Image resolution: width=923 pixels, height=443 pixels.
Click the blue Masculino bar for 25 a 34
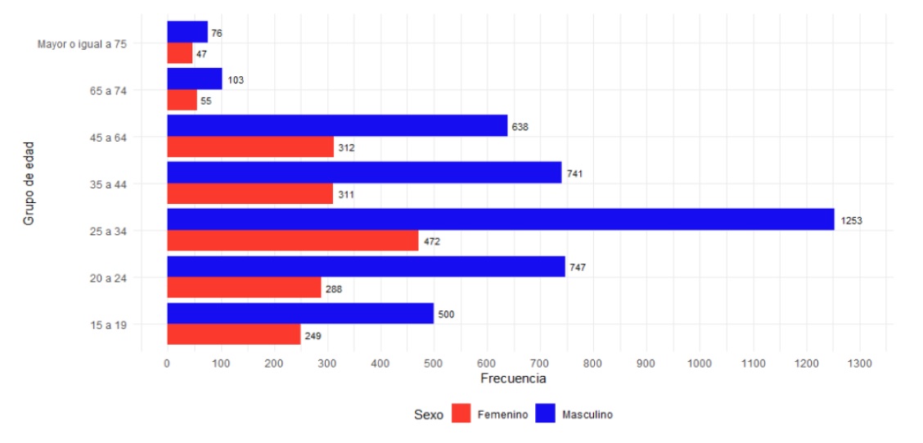(500, 219)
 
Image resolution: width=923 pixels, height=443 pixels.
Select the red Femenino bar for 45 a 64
(250, 147)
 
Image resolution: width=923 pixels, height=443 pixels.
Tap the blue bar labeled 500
(300, 314)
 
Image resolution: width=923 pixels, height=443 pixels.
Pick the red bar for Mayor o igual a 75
(180, 53)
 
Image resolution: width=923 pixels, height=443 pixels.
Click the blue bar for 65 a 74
(195, 79)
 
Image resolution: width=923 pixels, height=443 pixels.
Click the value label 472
(432, 242)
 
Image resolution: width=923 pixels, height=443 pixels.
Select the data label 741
(574, 174)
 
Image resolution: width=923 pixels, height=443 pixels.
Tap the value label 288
(334, 289)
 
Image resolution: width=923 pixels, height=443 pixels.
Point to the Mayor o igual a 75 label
(82, 44)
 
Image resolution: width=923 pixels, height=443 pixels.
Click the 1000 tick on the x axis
(700, 363)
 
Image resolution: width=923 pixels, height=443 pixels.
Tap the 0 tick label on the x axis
(167, 363)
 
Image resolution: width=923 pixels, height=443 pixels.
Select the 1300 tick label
(859, 363)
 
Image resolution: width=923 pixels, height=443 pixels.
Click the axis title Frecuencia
(513, 379)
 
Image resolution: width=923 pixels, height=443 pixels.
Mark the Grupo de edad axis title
(29, 184)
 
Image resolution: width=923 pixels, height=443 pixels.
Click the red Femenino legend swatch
(461, 414)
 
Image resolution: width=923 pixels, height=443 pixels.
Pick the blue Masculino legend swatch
(546, 414)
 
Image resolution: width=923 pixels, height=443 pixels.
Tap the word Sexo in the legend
(428, 415)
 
